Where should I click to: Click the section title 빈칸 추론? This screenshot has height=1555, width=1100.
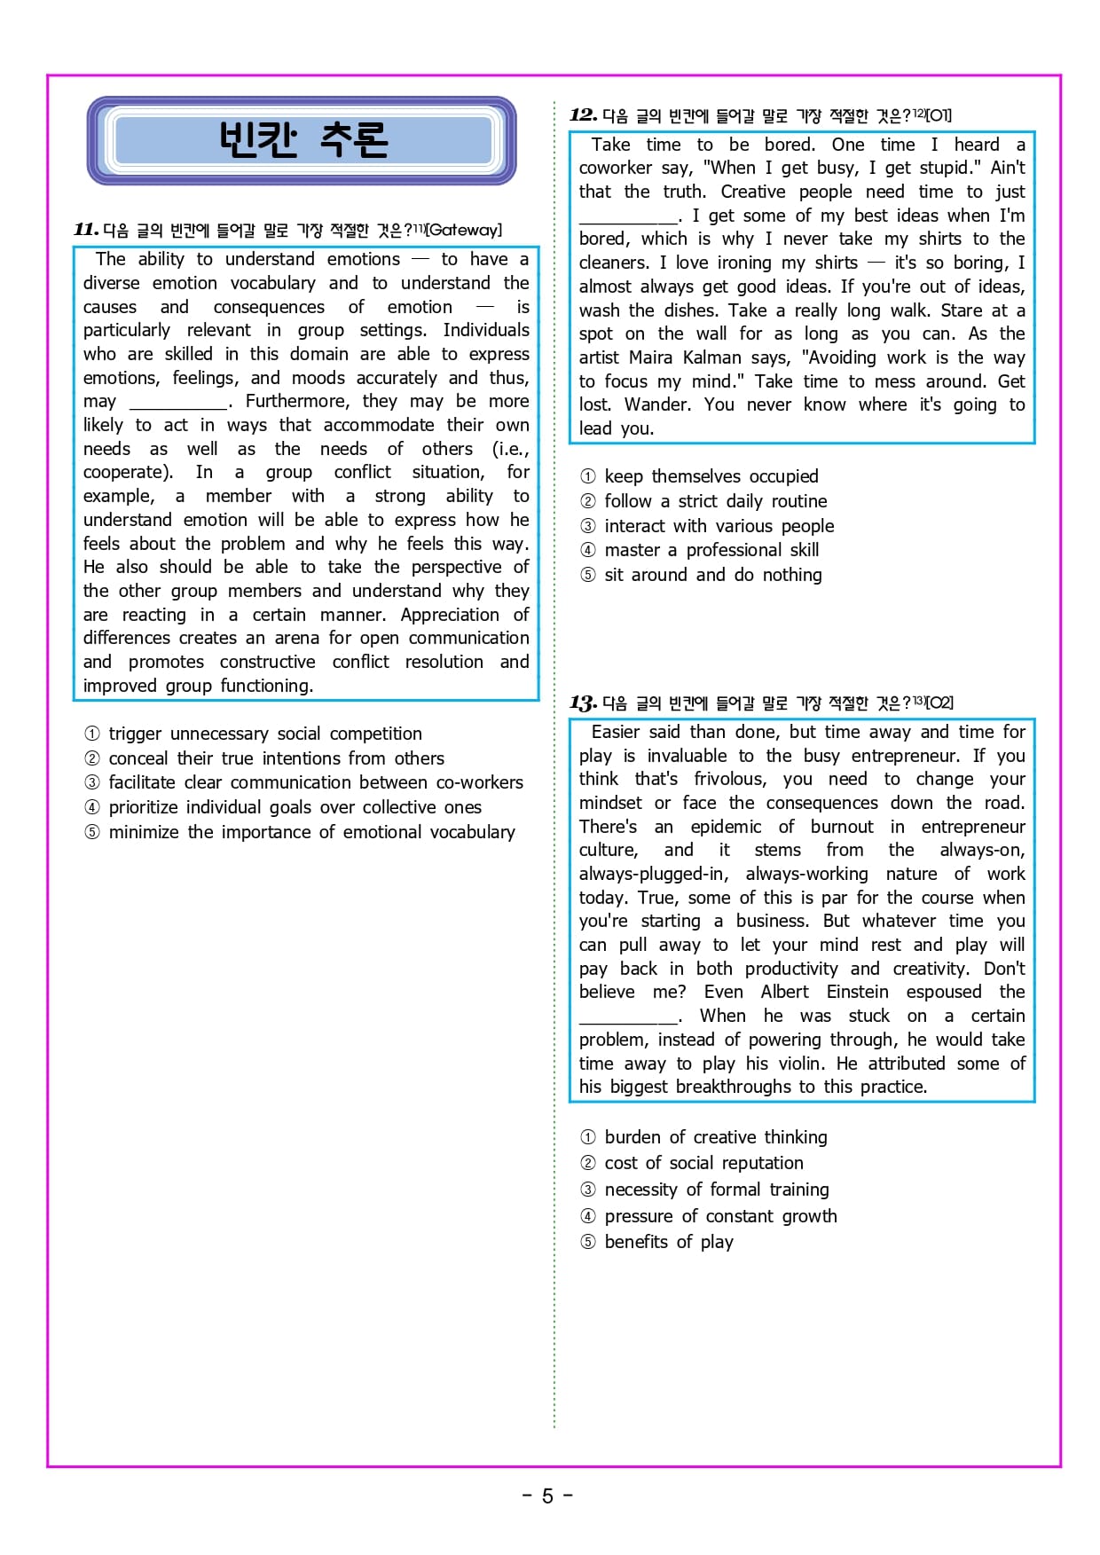tap(302, 139)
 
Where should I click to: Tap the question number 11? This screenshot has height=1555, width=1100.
tap(86, 230)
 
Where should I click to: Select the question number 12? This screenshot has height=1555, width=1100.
tap(583, 114)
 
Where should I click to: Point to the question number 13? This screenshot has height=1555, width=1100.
tap(583, 703)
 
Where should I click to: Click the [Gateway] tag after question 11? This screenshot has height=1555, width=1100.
tap(464, 230)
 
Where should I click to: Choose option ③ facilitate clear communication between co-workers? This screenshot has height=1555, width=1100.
tap(315, 782)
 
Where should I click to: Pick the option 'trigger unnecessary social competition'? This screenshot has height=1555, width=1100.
tap(264, 734)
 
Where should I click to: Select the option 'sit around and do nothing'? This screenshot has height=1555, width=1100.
tap(712, 575)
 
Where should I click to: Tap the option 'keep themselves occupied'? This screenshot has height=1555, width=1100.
tap(711, 476)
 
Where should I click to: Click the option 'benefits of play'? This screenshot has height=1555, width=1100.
tap(668, 1242)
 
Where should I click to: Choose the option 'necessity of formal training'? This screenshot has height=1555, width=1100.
tap(716, 1190)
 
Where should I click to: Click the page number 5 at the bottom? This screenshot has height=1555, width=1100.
tap(547, 1496)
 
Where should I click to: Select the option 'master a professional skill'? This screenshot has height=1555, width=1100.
tap(711, 550)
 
